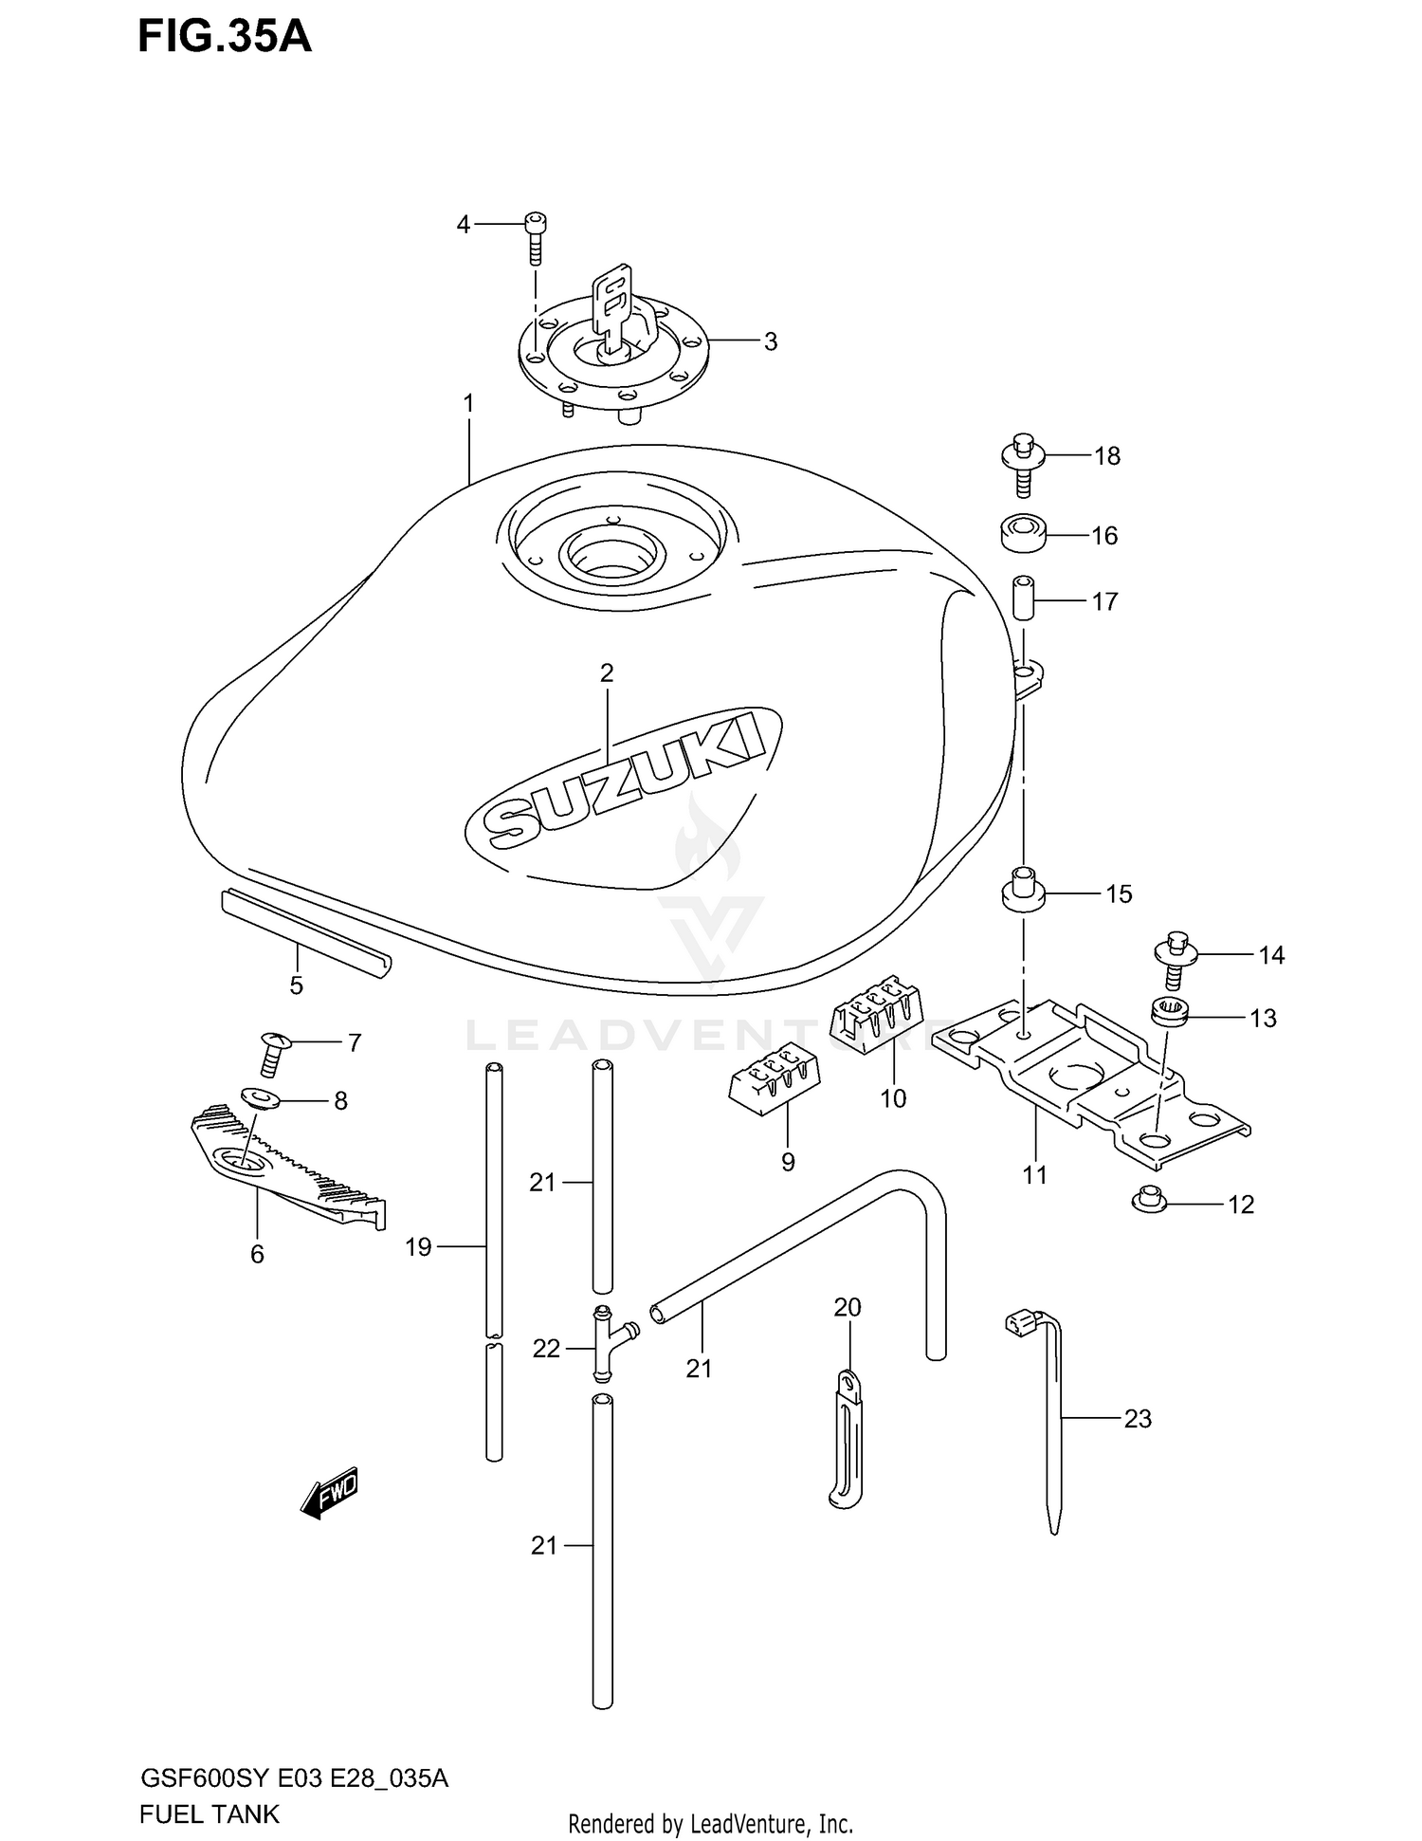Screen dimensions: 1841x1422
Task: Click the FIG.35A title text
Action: click(x=225, y=37)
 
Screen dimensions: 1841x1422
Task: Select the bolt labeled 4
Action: click(x=536, y=236)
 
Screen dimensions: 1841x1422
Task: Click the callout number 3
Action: click(x=770, y=341)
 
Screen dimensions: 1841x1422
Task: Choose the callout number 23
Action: click(x=1137, y=1419)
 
